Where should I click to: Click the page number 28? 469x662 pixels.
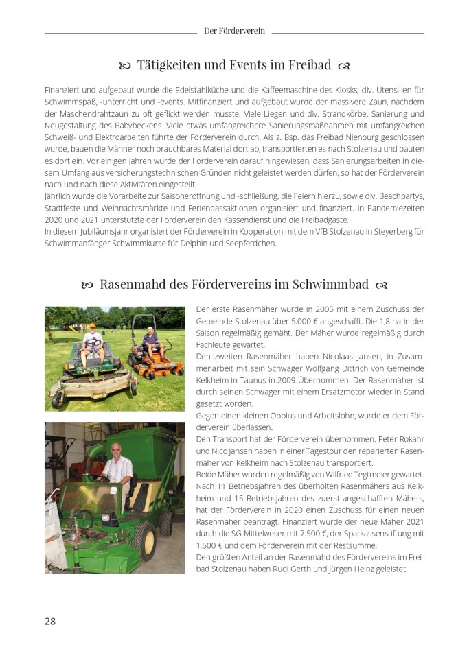[x=50, y=622]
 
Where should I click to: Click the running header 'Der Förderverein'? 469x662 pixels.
[x=234, y=31]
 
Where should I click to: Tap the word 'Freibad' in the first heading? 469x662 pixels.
[x=306, y=65]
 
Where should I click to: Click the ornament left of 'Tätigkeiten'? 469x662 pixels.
[x=124, y=66]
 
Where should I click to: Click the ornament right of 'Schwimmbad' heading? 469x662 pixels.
[x=382, y=285]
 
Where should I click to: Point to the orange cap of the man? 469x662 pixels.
[x=92, y=326]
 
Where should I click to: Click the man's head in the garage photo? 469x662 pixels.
[x=115, y=450]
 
